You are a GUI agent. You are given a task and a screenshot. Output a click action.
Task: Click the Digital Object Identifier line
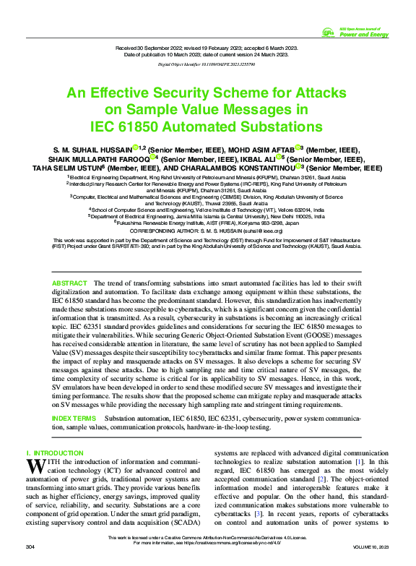[x=207, y=64]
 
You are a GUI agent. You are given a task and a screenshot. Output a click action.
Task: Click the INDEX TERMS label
[x=74, y=419]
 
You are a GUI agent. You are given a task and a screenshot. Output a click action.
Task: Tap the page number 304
[x=31, y=549]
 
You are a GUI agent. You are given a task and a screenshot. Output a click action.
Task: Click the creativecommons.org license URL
[x=246, y=543]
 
